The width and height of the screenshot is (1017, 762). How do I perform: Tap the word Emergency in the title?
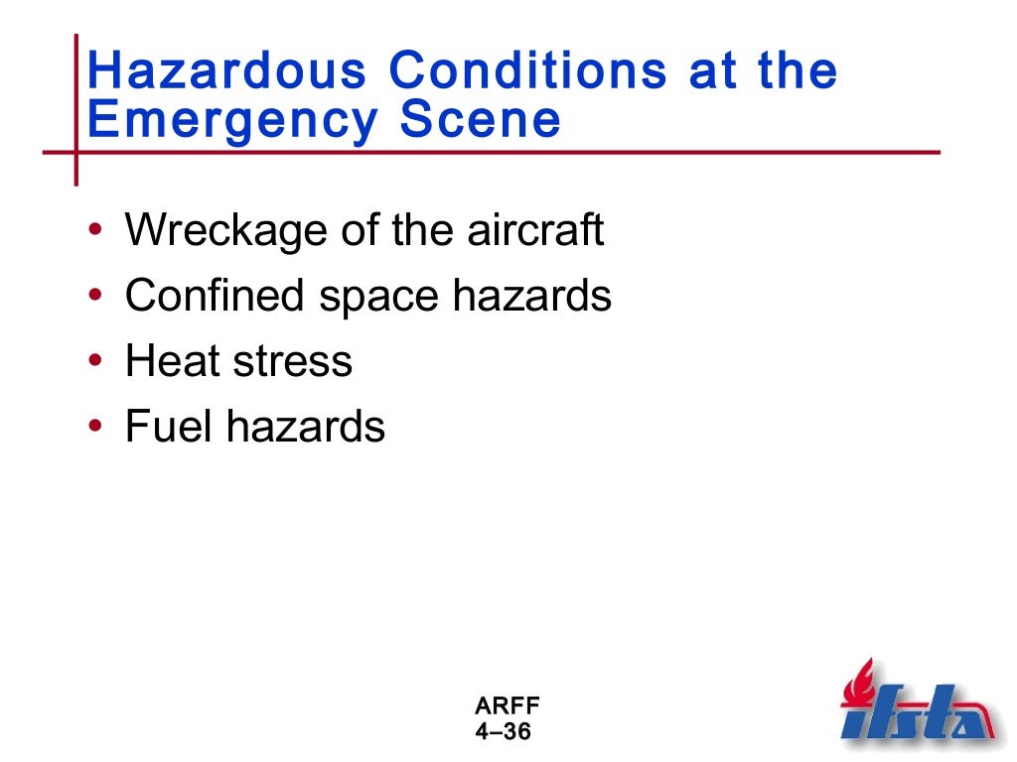pos(232,121)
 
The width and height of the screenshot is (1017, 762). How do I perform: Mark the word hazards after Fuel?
pos(305,427)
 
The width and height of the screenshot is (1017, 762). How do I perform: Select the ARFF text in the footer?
pos(508,707)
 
